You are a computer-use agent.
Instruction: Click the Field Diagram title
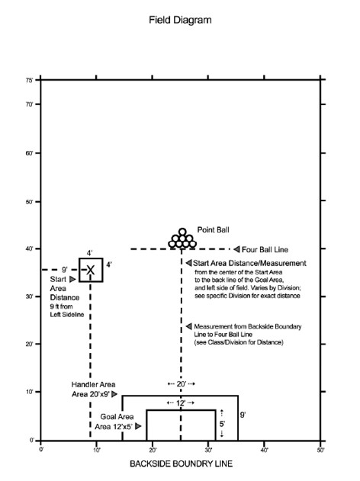click(x=180, y=21)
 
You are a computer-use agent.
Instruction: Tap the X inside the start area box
click(x=90, y=271)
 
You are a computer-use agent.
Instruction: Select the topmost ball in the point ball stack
click(x=182, y=232)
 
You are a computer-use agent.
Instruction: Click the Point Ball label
click(x=213, y=229)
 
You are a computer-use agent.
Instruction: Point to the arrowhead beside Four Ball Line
click(x=236, y=249)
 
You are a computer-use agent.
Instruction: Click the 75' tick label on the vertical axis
click(x=29, y=80)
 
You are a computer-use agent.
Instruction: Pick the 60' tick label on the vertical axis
click(x=29, y=153)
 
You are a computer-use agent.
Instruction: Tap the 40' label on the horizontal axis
click(x=264, y=450)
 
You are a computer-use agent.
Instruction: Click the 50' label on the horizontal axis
click(x=320, y=450)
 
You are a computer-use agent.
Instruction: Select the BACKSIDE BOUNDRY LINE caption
click(x=181, y=463)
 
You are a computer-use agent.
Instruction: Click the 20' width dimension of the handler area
click(x=182, y=383)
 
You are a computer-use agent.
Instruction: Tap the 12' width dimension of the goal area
click(x=181, y=403)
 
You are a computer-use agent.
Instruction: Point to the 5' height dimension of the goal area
click(x=222, y=424)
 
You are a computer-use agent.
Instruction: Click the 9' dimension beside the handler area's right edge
click(x=243, y=415)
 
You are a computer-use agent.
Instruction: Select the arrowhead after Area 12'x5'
click(x=138, y=426)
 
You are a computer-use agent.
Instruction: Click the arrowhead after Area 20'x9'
click(x=114, y=394)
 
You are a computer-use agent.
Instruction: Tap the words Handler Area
click(x=93, y=385)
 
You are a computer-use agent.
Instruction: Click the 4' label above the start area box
click(x=89, y=253)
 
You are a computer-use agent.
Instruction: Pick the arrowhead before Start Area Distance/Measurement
click(x=188, y=263)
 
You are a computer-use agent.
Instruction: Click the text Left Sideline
click(x=67, y=315)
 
